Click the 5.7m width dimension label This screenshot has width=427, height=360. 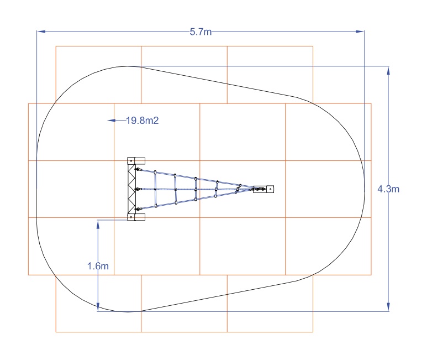click(x=201, y=32)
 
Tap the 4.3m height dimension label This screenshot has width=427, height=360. click(x=388, y=189)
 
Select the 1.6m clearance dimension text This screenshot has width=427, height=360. click(x=98, y=266)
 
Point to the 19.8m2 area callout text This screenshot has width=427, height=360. click(x=142, y=121)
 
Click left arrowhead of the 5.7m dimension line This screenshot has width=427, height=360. click(x=41, y=32)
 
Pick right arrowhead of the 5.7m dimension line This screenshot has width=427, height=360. click(x=360, y=32)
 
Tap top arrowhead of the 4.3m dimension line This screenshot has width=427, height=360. click(x=388, y=70)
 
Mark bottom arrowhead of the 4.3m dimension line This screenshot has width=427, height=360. click(x=388, y=307)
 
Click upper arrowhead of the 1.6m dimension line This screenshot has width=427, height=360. click(x=98, y=224)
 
